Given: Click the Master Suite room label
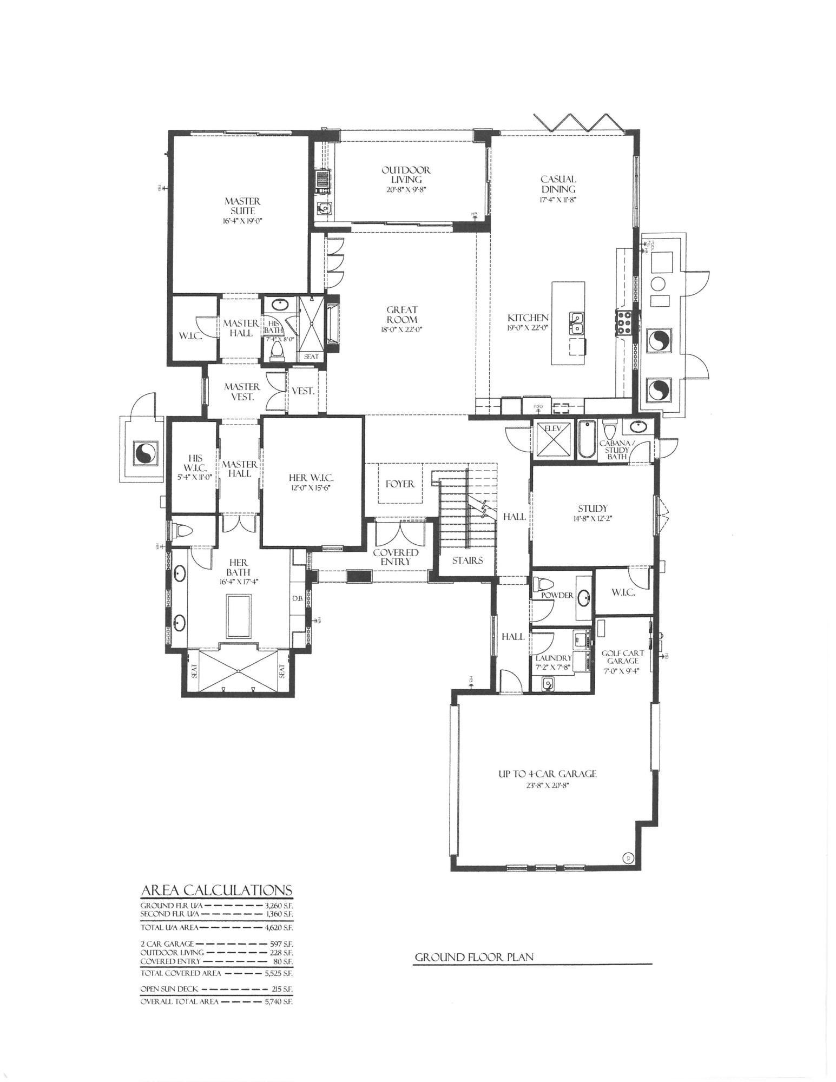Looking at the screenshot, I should pyautogui.click(x=242, y=206).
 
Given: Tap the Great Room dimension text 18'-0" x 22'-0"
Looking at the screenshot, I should pyautogui.click(x=401, y=329).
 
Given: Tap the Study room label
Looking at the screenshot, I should pyautogui.click(x=593, y=509).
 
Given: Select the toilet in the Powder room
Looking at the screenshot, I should pyautogui.click(x=543, y=584).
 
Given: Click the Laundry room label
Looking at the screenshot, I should pyautogui.click(x=553, y=658).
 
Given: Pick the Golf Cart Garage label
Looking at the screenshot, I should pyautogui.click(x=622, y=657).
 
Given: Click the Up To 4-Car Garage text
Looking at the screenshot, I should pyautogui.click(x=547, y=774).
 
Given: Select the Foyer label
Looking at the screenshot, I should pyautogui.click(x=400, y=484).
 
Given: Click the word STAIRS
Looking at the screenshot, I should pyautogui.click(x=467, y=560).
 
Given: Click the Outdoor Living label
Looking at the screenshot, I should pyautogui.click(x=406, y=175).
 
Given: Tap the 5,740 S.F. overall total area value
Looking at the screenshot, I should pyautogui.click(x=279, y=1002).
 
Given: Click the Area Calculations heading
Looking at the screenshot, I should pyautogui.click(x=216, y=890).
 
